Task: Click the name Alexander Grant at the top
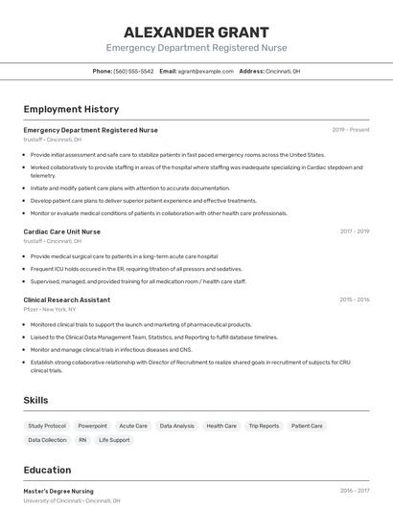[196, 32]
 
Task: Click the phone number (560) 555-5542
[133, 72]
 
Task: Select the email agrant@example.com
[205, 72]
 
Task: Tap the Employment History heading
[71, 109]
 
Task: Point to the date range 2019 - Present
[351, 130]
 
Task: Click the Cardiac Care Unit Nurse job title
[62, 231]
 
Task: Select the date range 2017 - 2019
[354, 231]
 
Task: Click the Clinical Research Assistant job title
[67, 299]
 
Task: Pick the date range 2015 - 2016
[354, 299]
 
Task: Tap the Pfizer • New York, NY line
[50, 310]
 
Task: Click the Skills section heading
[36, 400]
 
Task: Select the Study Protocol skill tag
[47, 426]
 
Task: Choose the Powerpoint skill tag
[93, 426]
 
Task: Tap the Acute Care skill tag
[133, 426]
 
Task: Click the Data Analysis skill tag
[177, 426]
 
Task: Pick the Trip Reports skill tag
[264, 426]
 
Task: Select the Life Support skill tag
[114, 440]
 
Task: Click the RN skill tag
[82, 440]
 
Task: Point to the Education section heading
[48, 470]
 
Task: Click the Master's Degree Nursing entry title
[58, 491]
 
